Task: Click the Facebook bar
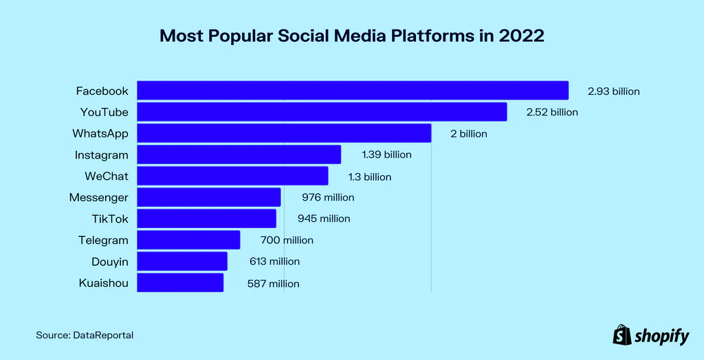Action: point(353,91)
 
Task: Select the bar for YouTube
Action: point(322,112)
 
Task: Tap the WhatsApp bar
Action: point(284,133)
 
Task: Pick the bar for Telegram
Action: point(188,240)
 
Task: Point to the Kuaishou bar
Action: point(180,282)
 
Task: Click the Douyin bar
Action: point(182,261)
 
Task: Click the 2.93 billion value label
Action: point(613,91)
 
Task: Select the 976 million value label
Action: point(328,197)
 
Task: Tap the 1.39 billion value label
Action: point(386,155)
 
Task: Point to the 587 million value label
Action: point(273,283)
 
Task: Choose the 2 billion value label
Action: point(468,133)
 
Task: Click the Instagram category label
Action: point(102,155)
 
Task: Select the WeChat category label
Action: point(107,176)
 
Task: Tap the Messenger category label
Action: point(98,197)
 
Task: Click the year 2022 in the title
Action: point(521,36)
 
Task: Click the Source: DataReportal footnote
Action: point(85,335)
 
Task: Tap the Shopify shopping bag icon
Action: point(621,335)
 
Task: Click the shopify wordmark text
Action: point(661,336)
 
